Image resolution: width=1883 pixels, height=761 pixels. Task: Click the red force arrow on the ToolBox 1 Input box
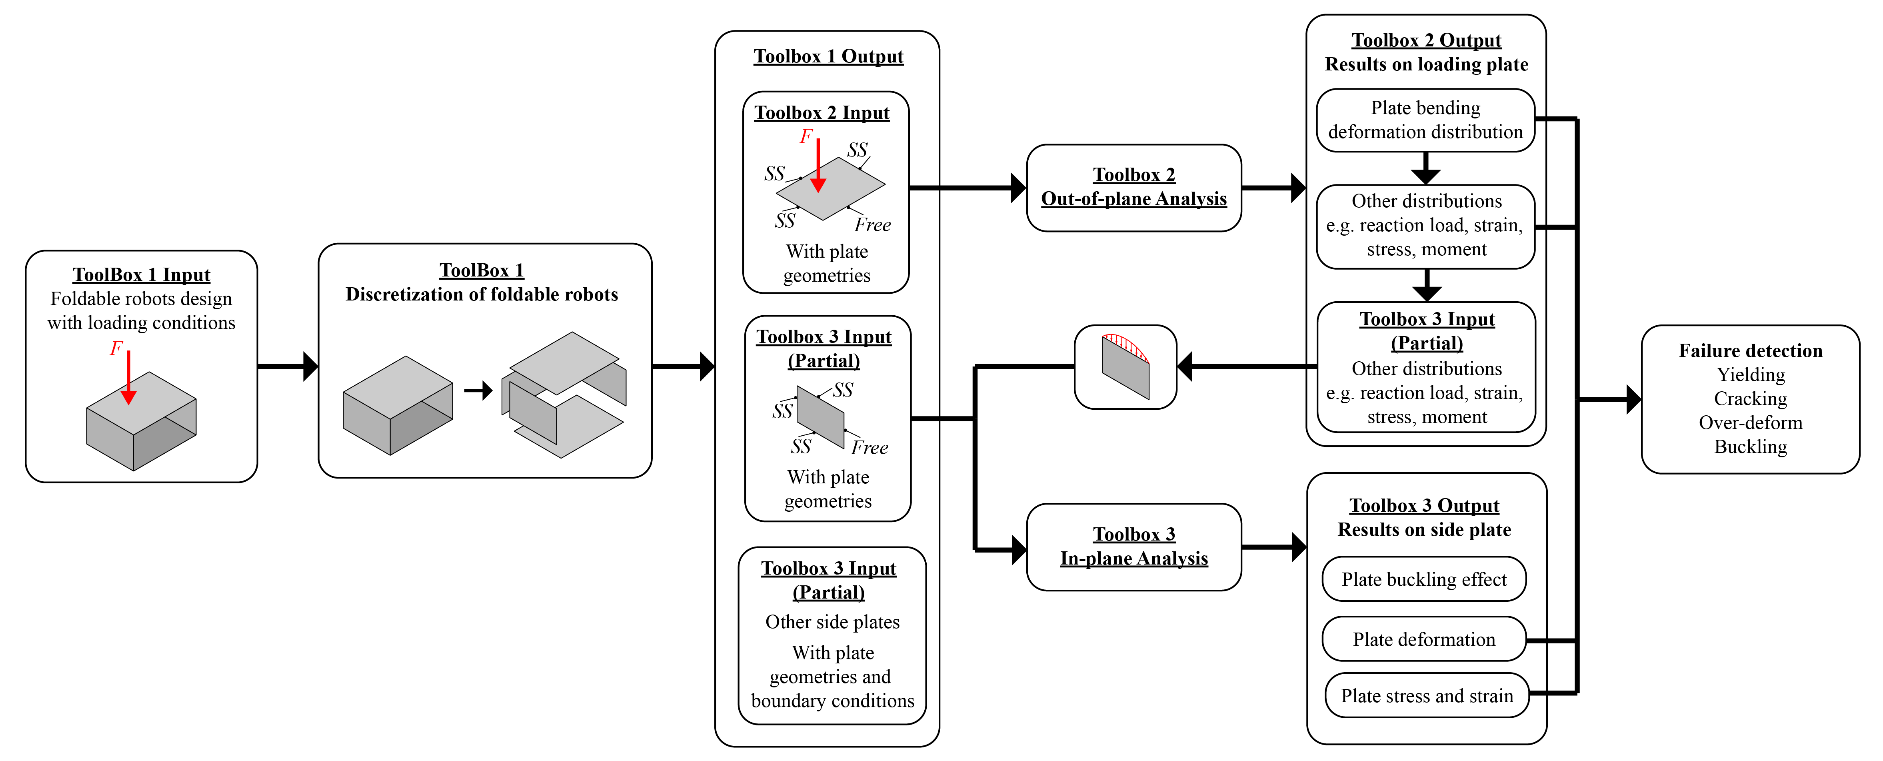pyautogui.click(x=129, y=376)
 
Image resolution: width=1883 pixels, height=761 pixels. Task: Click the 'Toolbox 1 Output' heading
pyautogui.click(x=828, y=56)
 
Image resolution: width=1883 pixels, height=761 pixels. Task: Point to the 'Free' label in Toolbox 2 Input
pyautogui.click(x=872, y=225)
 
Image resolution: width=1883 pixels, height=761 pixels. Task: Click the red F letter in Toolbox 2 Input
pyautogui.click(x=806, y=136)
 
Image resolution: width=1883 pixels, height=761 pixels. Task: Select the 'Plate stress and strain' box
pyautogui.click(x=1426, y=695)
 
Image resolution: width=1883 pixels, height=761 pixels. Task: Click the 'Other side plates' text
pyautogui.click(x=832, y=622)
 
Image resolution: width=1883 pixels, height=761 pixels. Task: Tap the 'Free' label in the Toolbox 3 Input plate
pyautogui.click(x=869, y=447)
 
